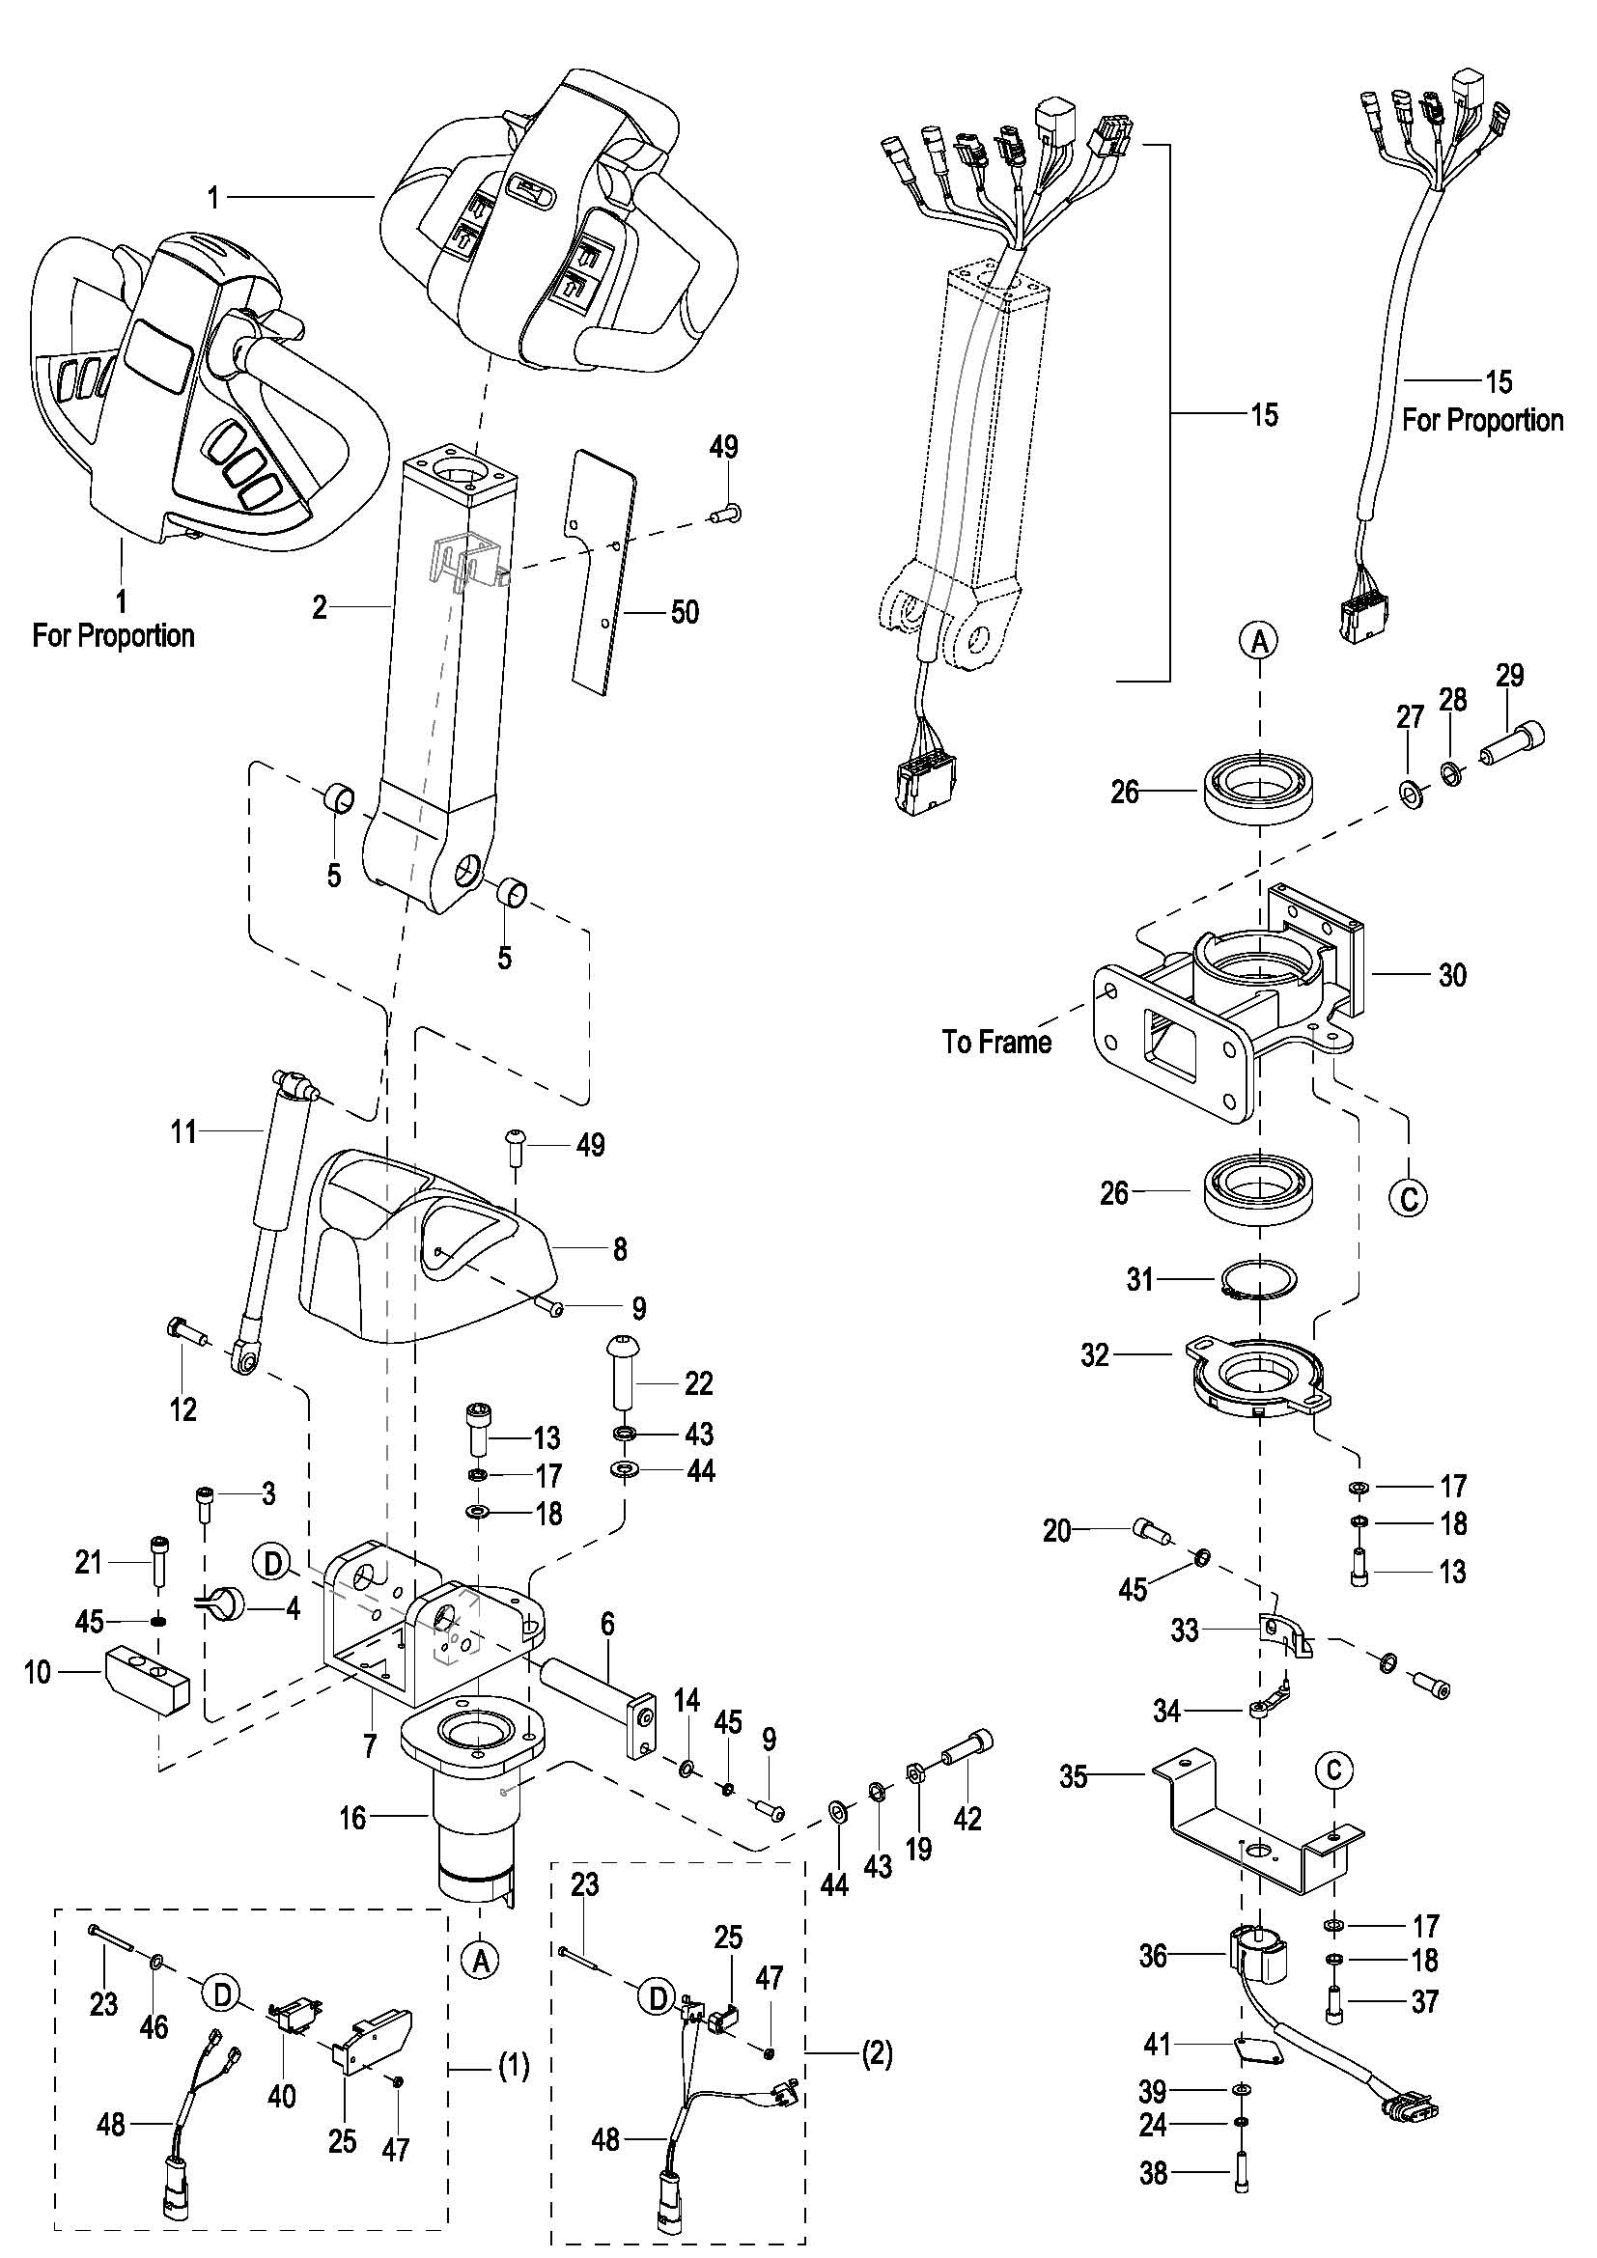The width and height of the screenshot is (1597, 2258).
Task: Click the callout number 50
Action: tap(685, 613)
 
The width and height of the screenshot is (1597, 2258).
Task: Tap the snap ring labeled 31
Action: tap(1260, 1279)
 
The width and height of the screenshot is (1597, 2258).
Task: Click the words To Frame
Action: tap(996, 1042)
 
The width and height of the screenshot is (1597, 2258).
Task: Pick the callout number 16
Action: tap(352, 1818)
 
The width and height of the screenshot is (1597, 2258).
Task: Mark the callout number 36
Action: tap(1153, 1956)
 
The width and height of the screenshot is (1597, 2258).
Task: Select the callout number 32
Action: tap(1095, 1355)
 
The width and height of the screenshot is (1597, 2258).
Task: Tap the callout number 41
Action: tap(1158, 2045)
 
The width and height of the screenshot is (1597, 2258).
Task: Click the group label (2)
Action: tap(876, 2054)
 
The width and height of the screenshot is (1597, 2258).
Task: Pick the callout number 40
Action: tap(281, 2096)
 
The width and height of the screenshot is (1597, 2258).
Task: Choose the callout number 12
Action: tap(182, 1410)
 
